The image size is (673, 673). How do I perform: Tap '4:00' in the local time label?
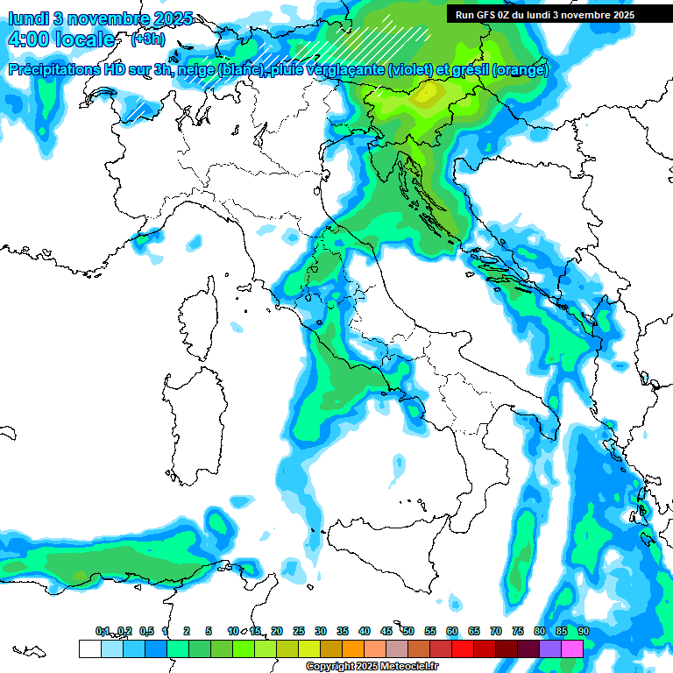(x=27, y=39)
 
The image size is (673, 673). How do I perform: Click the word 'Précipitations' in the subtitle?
(x=58, y=69)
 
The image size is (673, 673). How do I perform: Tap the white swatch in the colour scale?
(x=89, y=648)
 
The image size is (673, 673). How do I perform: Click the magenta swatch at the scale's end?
(x=572, y=648)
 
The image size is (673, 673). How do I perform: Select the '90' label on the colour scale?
(x=583, y=631)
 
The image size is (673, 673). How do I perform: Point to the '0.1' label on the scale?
(x=103, y=631)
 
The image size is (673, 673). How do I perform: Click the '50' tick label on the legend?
(x=408, y=631)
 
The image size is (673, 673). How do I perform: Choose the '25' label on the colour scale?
(x=299, y=631)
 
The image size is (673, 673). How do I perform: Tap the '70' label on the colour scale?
(x=496, y=631)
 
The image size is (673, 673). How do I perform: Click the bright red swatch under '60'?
(x=463, y=648)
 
